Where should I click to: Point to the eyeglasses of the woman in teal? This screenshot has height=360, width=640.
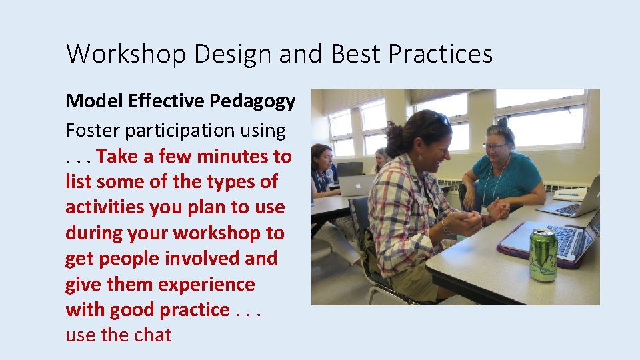(494, 145)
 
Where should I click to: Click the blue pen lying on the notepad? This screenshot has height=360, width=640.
(570, 195)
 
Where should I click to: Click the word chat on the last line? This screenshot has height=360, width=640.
(153, 335)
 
